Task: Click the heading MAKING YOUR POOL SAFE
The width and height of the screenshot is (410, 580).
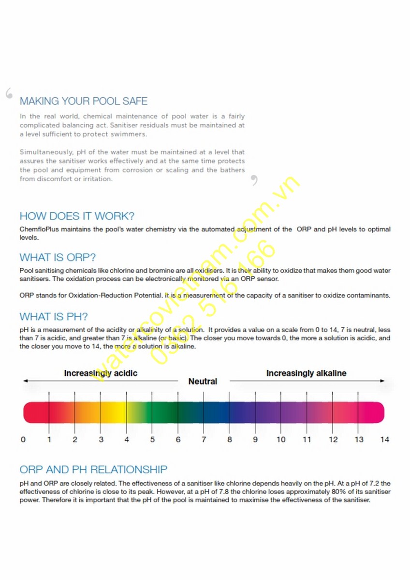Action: tap(84, 101)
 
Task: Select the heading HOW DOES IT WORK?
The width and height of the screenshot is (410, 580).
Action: tap(77, 216)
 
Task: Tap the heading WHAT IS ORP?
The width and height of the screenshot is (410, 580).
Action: tap(58, 257)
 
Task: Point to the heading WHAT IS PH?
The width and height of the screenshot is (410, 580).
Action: tap(54, 317)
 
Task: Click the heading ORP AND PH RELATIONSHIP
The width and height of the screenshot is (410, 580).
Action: tap(93, 469)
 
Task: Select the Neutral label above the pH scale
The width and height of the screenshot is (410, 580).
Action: tap(203, 381)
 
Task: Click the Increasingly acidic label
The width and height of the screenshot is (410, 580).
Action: tap(101, 373)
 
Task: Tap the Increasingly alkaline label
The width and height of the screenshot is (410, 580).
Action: tap(306, 373)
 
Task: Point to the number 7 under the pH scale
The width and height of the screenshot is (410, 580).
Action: tap(204, 440)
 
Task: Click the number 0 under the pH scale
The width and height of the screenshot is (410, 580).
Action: tap(23, 440)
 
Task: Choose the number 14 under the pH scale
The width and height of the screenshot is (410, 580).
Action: tap(384, 440)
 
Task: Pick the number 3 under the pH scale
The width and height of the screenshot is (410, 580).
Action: tap(101, 440)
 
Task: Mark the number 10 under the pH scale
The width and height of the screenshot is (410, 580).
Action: tap(281, 440)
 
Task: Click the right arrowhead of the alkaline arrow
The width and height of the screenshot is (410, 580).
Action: tap(382, 381)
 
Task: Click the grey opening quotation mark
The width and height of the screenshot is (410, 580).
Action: tap(9, 93)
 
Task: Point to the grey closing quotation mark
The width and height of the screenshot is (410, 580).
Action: tap(254, 181)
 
